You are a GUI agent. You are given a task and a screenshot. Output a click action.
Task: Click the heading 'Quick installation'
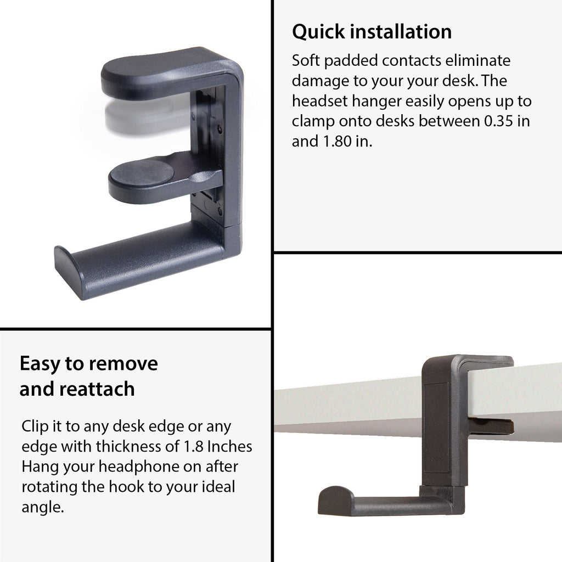click(x=372, y=31)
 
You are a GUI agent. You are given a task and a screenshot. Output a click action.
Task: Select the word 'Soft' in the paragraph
click(x=305, y=60)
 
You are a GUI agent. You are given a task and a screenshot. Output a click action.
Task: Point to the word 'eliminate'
click(x=478, y=60)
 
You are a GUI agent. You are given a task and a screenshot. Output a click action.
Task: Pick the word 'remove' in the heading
click(x=122, y=364)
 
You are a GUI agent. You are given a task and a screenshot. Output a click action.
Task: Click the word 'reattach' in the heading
click(x=97, y=389)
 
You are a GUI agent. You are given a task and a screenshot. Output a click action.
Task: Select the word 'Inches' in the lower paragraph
click(x=230, y=446)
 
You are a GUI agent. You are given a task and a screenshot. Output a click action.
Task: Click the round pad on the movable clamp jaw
click(x=142, y=173)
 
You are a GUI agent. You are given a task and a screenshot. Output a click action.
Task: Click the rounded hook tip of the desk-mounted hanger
click(x=335, y=500)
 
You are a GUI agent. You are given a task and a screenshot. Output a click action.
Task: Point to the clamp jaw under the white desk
click(x=491, y=426)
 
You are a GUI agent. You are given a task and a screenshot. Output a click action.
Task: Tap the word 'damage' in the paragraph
click(x=321, y=81)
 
